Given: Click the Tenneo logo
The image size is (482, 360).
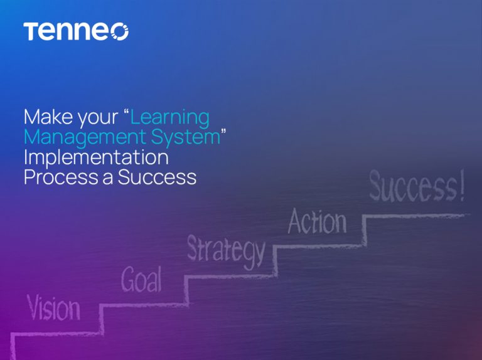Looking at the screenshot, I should tap(76, 31).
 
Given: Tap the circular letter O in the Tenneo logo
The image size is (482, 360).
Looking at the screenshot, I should tap(119, 32).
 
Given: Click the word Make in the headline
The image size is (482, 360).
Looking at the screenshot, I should tap(47, 117).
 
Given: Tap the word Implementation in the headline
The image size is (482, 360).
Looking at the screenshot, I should tap(96, 157).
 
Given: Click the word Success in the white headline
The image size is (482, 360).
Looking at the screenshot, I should tap(157, 177).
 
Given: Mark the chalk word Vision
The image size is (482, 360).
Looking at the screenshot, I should tap(53, 309).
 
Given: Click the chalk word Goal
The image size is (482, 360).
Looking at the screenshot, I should tap(141, 280).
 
